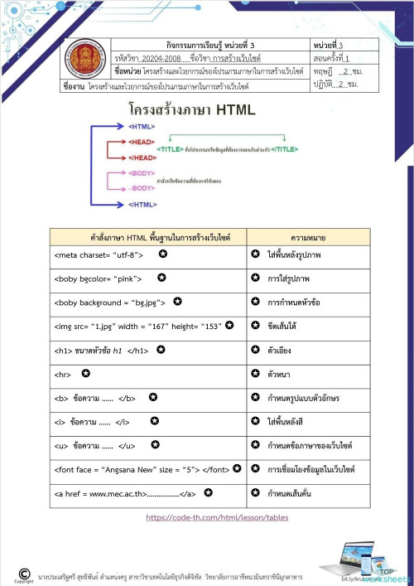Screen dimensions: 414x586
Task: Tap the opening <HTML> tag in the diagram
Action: click(142, 126)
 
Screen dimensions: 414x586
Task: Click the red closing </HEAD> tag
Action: click(142, 157)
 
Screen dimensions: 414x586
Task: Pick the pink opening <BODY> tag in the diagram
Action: click(142, 172)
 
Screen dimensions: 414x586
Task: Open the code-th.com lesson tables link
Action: click(217, 517)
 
